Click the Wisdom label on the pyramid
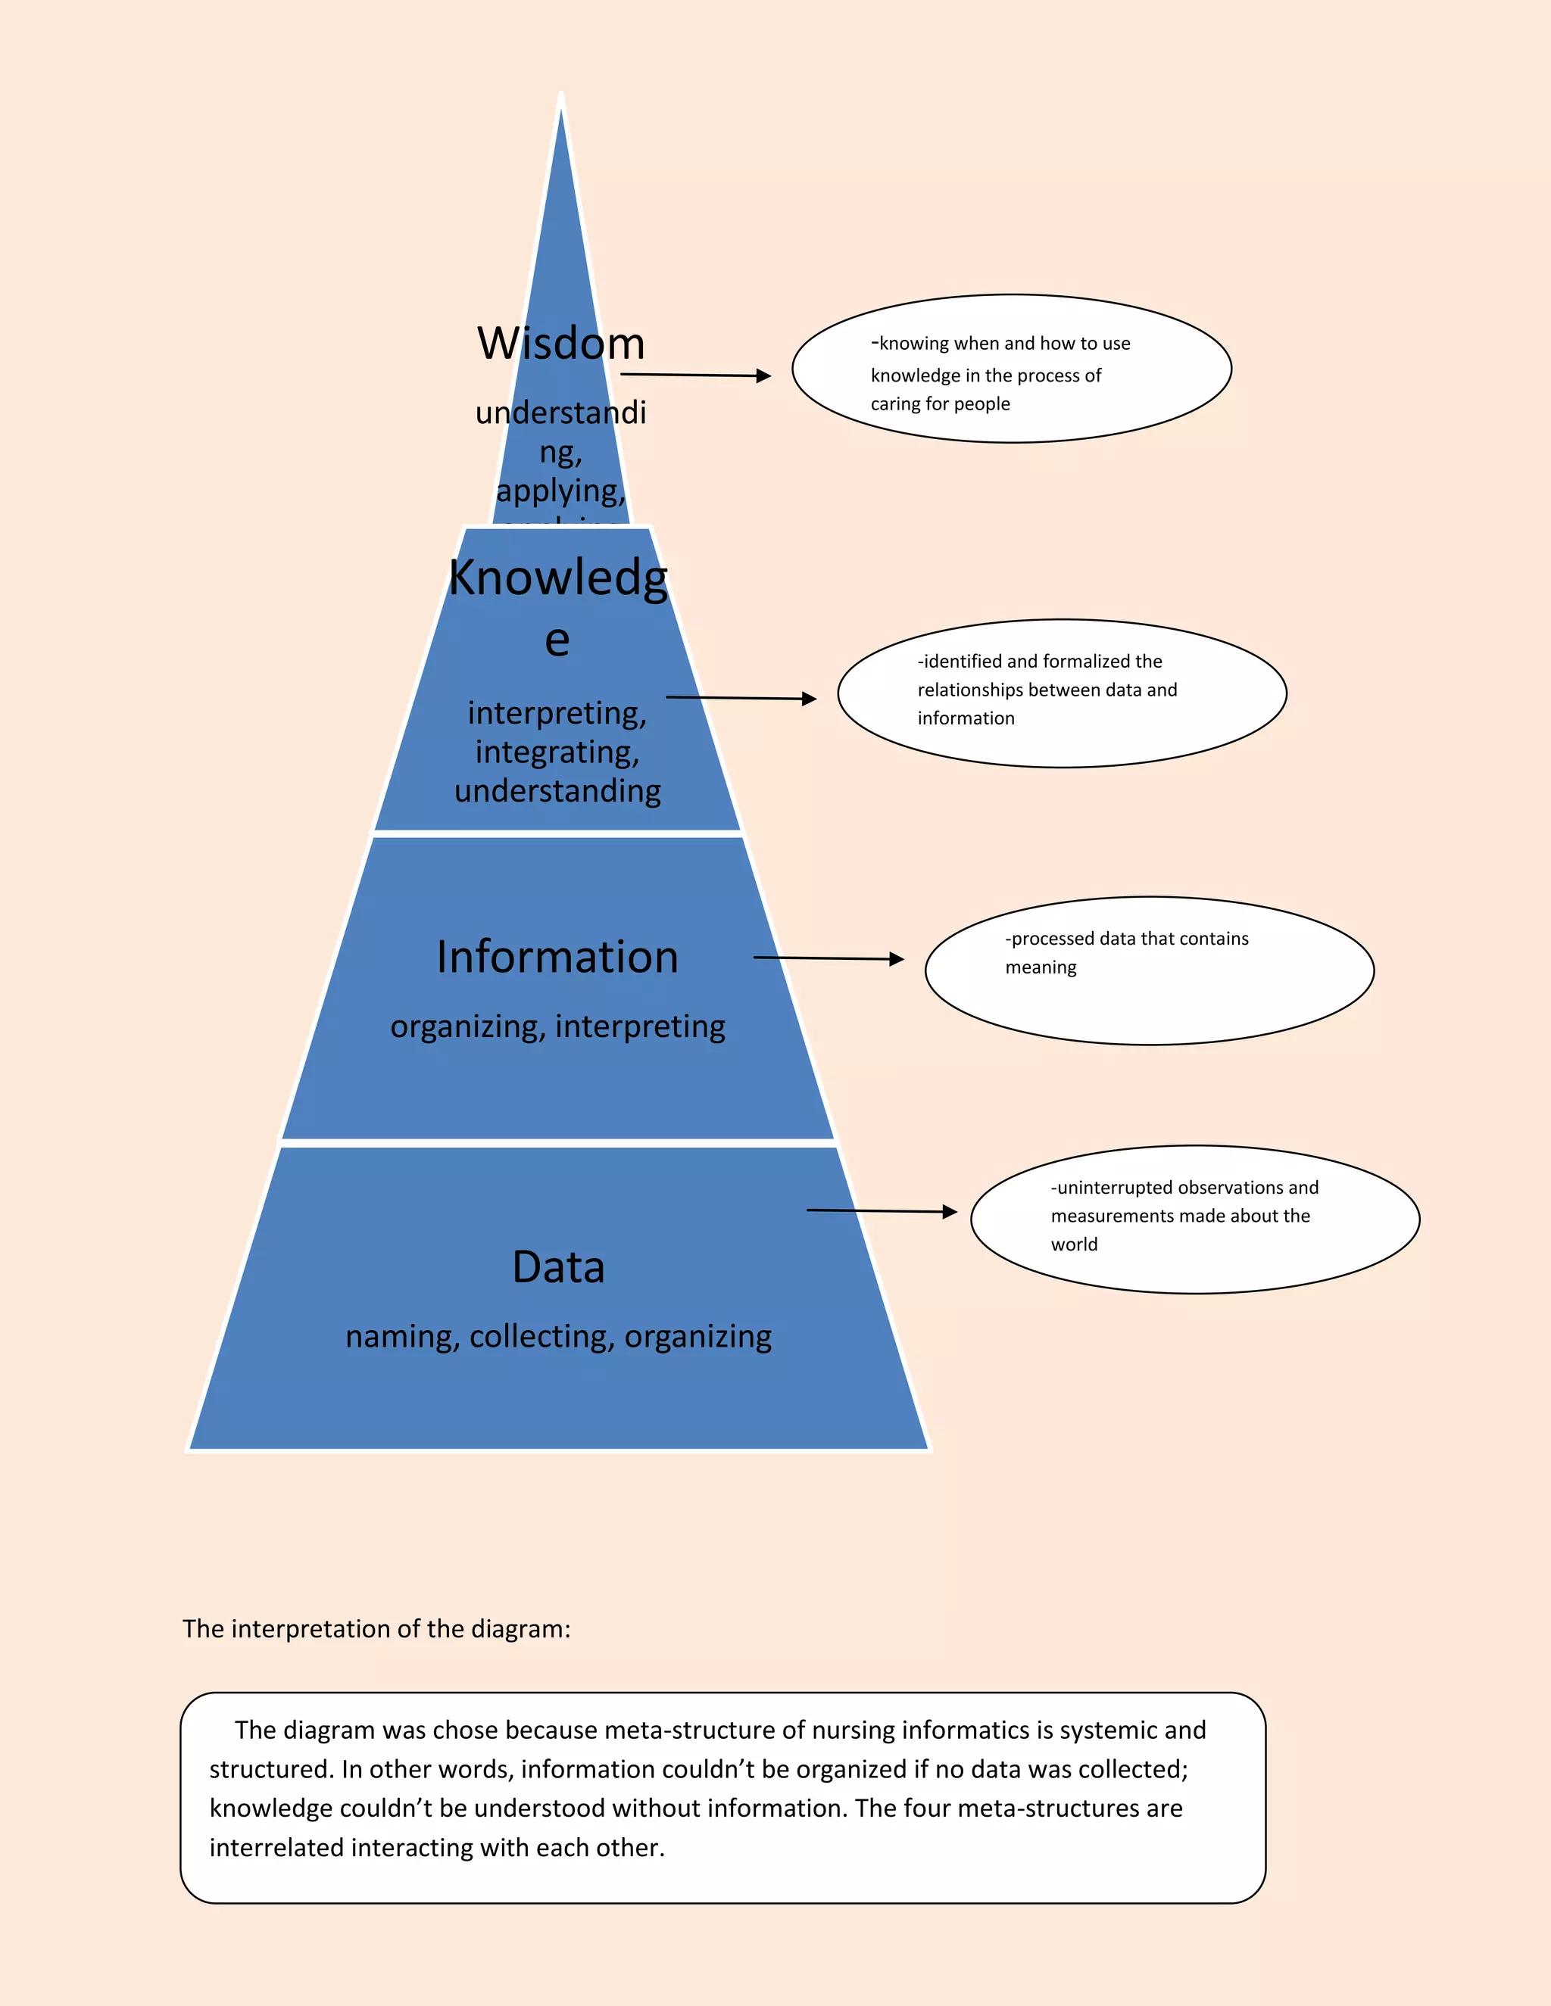560,344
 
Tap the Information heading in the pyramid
557,957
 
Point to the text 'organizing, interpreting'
557,1026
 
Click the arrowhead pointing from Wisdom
763,375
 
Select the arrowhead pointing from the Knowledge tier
809,699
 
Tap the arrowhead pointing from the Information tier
897,959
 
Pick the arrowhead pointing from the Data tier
950,1213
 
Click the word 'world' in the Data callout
1074,1244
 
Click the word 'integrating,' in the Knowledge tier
557,752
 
